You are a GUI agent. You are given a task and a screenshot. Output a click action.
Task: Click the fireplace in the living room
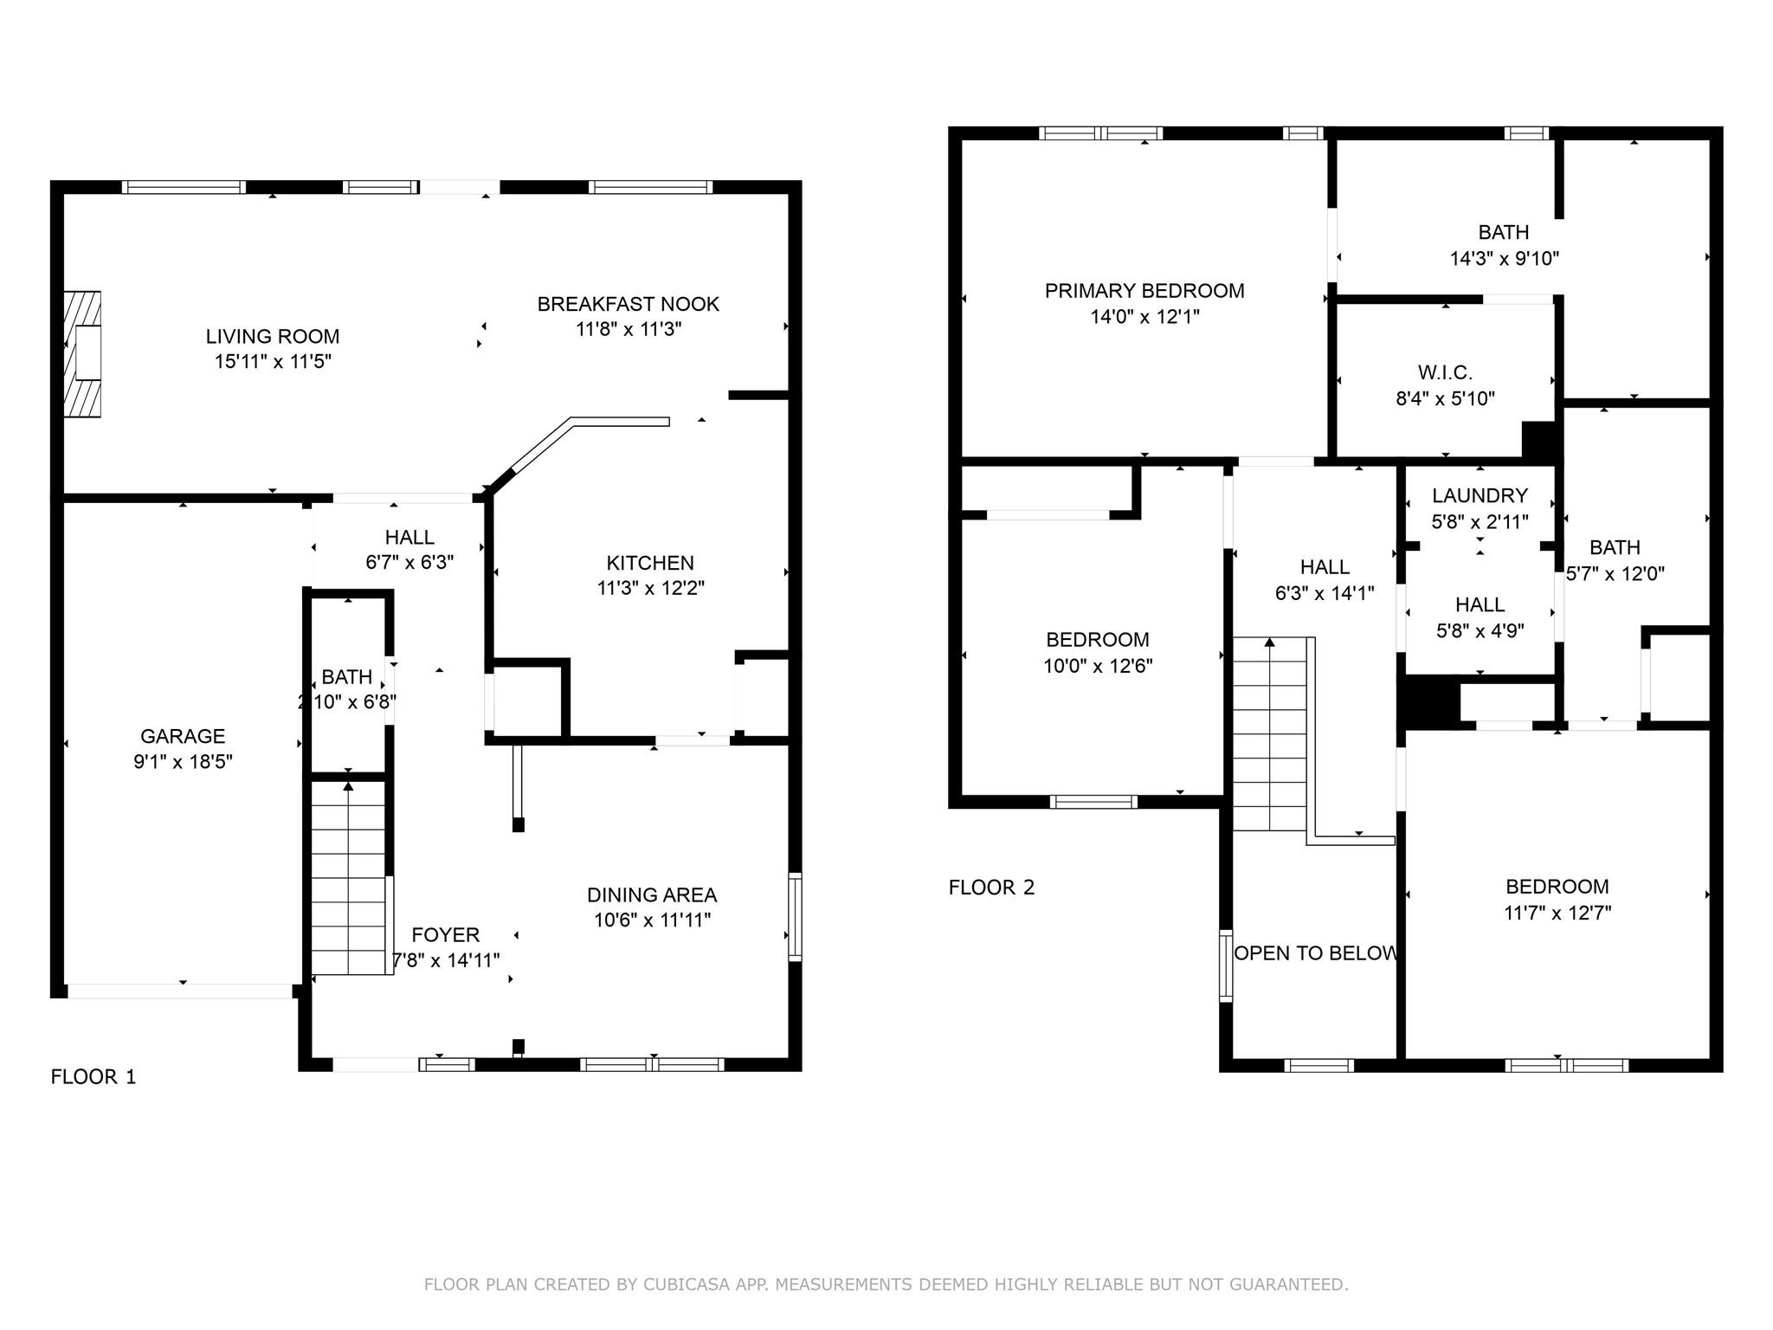click(83, 353)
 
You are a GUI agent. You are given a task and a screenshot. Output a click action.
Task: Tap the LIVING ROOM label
click(273, 336)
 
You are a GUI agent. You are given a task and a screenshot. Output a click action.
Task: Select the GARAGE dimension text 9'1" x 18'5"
click(183, 762)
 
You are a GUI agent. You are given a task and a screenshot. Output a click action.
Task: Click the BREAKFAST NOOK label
click(628, 304)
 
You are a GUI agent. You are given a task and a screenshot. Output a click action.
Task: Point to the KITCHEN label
click(650, 563)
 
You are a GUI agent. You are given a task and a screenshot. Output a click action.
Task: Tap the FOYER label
click(445, 935)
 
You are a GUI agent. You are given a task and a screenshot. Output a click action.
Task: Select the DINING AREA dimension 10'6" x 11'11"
click(652, 920)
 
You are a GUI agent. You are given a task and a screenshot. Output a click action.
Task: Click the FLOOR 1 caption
click(93, 1077)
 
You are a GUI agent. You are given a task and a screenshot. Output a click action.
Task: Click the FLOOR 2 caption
click(991, 888)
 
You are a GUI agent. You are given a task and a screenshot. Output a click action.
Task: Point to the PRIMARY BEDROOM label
click(1144, 291)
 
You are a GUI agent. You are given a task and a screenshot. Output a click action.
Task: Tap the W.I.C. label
click(1445, 372)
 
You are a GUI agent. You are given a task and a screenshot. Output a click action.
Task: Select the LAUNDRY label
click(1480, 496)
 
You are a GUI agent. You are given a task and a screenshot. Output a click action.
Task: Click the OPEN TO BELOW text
click(1315, 953)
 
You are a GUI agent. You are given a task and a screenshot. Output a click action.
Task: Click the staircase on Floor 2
click(1269, 736)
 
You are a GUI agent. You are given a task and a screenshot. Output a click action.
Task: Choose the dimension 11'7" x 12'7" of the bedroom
click(1557, 913)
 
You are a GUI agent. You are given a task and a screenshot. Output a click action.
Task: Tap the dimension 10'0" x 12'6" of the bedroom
click(1098, 666)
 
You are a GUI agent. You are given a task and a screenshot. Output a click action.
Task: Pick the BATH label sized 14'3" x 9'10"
click(1503, 232)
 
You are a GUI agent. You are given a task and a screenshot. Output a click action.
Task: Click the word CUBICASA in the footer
click(685, 1285)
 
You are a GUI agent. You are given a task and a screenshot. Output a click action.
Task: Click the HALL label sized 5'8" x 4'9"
click(1480, 604)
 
